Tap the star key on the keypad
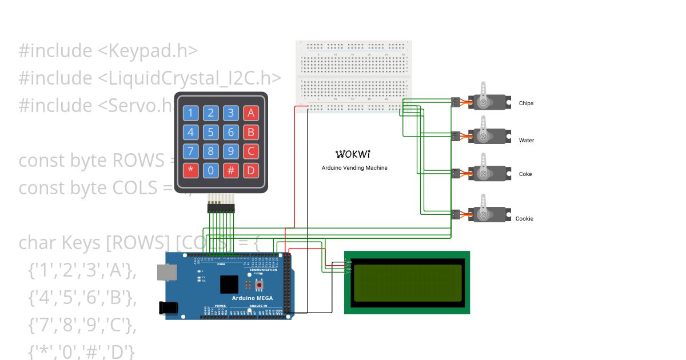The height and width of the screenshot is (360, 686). [191, 170]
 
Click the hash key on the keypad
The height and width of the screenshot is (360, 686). [230, 170]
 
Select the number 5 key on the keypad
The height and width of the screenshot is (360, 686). [211, 133]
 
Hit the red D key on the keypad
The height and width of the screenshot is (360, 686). [250, 170]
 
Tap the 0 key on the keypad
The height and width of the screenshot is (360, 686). [211, 170]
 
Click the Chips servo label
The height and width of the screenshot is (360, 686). [526, 103]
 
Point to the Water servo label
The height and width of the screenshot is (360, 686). [526, 141]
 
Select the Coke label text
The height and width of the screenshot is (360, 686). [525, 174]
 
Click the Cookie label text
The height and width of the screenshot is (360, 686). [524, 219]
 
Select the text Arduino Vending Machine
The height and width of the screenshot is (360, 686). [354, 168]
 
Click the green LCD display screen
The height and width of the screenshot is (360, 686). [406, 282]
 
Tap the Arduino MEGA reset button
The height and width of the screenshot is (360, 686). [259, 284]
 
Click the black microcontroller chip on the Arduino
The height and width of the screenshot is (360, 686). [229, 285]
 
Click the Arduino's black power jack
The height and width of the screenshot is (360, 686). [169, 307]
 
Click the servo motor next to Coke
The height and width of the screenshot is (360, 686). [489, 174]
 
